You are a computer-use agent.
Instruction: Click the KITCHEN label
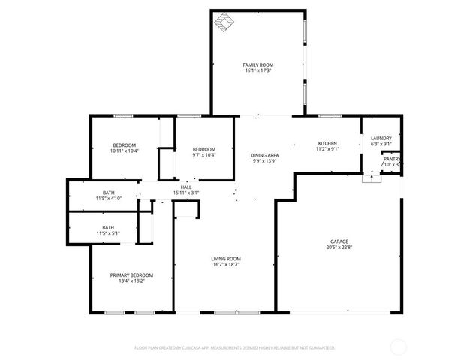click(327, 143)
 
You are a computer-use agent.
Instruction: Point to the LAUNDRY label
click(381, 138)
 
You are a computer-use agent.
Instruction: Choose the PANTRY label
click(392, 159)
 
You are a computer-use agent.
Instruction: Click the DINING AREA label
click(265, 155)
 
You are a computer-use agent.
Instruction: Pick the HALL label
click(186, 187)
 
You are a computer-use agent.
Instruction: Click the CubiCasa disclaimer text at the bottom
click(234, 348)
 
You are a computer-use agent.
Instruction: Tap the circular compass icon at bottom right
click(399, 346)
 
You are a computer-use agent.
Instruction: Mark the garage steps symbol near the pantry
click(372, 178)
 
